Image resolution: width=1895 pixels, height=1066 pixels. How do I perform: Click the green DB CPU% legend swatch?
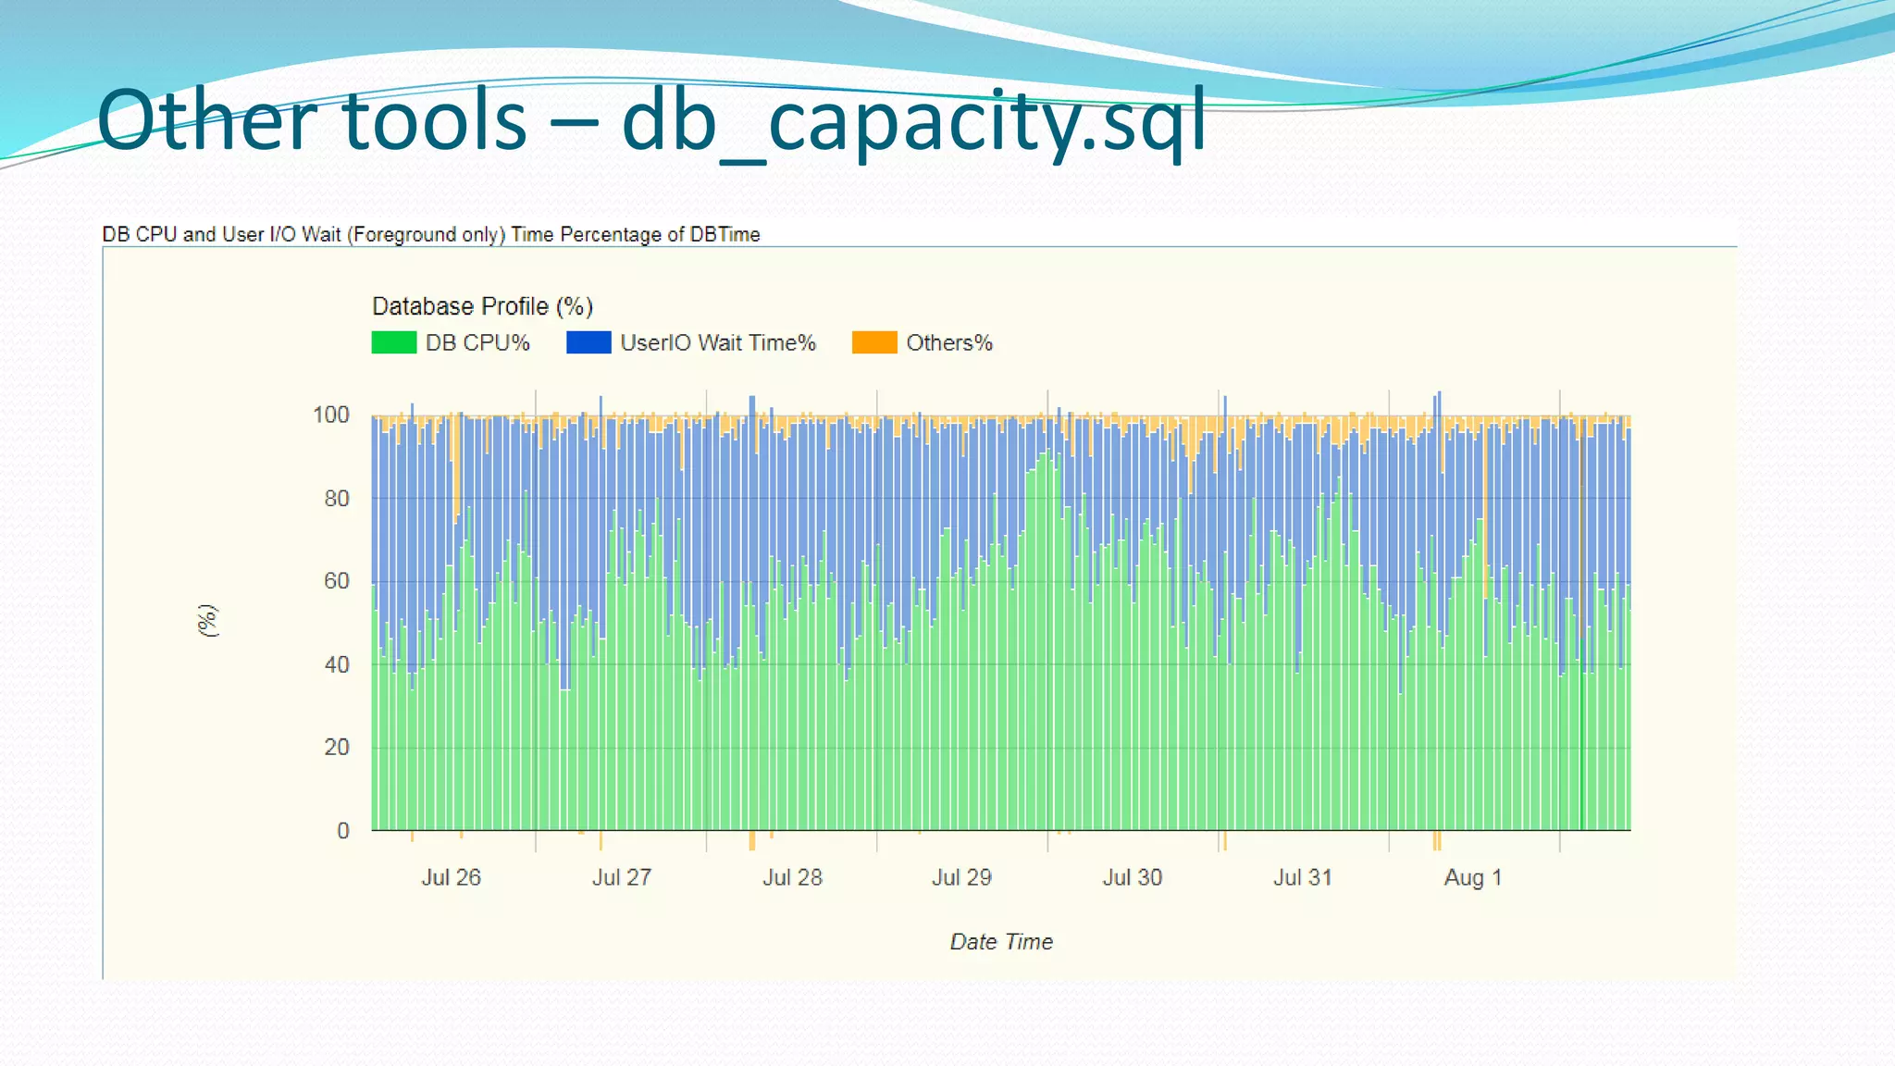tap(393, 342)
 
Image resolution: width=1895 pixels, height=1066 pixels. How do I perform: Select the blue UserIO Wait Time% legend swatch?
tap(588, 342)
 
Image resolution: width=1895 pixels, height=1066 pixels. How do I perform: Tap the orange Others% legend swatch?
tap(874, 342)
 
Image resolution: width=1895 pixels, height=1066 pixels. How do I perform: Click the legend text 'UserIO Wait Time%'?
tap(718, 343)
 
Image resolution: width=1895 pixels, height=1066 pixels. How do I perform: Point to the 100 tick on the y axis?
tap(331, 415)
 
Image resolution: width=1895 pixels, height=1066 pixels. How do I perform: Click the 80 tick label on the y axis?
tap(337, 498)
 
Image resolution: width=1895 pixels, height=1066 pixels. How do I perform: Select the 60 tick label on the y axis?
tap(337, 581)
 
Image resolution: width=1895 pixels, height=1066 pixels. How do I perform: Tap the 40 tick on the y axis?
tap(337, 664)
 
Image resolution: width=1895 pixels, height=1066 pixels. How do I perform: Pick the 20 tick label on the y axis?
tap(337, 747)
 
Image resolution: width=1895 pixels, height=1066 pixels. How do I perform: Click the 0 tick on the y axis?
tap(343, 830)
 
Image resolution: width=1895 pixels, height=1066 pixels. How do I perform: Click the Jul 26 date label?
tap(452, 877)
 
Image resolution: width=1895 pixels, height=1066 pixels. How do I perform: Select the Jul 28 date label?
tap(792, 877)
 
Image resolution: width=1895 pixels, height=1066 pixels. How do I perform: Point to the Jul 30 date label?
tap(1133, 877)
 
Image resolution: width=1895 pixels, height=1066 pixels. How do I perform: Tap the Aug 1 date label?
tap(1473, 877)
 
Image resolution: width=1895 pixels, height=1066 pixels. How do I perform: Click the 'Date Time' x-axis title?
tap(1001, 942)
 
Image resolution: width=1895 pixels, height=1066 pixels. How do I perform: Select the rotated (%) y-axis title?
tap(208, 620)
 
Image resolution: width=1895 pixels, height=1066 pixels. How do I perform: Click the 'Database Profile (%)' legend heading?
tap(482, 306)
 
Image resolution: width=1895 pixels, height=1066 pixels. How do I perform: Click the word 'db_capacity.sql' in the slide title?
tap(914, 122)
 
